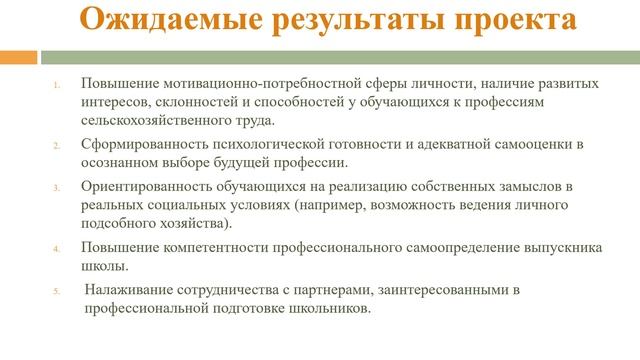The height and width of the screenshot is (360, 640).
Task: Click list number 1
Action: pos(56,85)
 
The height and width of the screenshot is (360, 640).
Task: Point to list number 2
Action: pos(56,146)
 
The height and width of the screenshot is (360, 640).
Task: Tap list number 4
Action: pos(56,248)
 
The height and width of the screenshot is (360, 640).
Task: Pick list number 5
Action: pos(56,291)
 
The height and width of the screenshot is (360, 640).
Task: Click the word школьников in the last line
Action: pos(322,308)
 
